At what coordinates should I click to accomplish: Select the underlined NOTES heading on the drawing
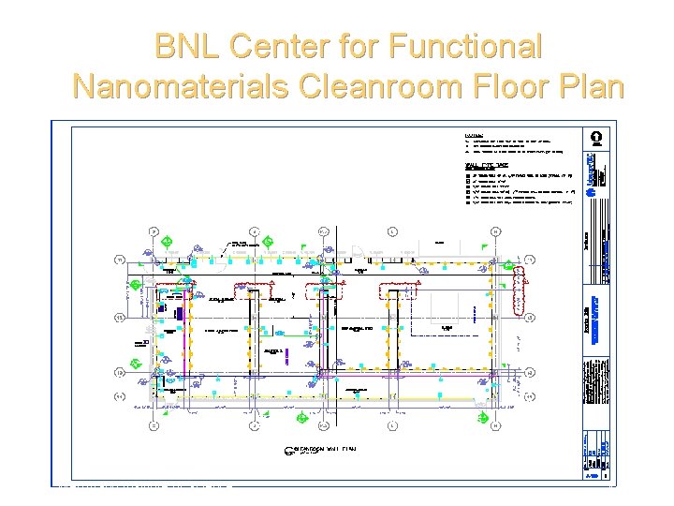coord(475,135)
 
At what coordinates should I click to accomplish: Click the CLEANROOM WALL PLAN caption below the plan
coord(322,450)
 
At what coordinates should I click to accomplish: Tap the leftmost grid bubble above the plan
coord(153,231)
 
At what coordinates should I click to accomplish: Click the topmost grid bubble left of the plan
coord(119,260)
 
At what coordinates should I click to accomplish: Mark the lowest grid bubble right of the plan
coord(530,396)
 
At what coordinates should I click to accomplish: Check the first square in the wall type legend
coord(467,174)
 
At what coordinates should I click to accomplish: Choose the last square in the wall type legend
coord(467,201)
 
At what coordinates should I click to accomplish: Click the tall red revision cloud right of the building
coord(522,277)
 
